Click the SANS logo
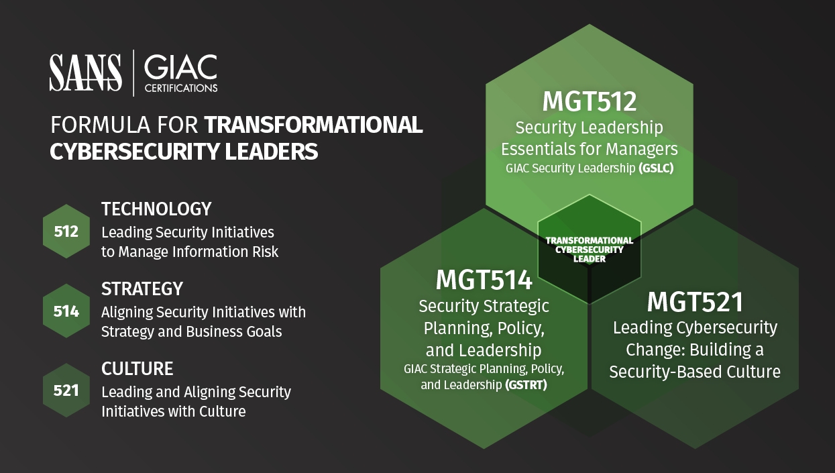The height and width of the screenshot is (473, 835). (x=85, y=72)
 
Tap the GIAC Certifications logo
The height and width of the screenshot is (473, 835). (x=181, y=73)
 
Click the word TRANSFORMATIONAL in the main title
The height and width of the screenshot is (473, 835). (x=313, y=125)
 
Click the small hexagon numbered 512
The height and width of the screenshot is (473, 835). (x=66, y=231)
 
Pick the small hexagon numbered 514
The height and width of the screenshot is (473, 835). (x=66, y=311)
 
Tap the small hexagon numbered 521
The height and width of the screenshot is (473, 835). (x=66, y=390)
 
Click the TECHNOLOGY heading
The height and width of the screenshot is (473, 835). (x=156, y=209)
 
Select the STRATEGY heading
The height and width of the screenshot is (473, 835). (x=142, y=288)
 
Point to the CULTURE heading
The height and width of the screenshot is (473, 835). (x=137, y=368)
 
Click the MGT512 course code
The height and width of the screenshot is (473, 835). (x=590, y=101)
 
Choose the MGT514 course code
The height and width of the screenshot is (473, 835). (x=484, y=280)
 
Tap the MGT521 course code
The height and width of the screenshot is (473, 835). (x=695, y=302)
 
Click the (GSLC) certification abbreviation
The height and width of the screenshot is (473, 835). (x=656, y=168)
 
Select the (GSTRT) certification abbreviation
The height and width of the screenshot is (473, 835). (x=526, y=384)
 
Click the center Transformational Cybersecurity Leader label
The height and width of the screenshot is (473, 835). (x=590, y=250)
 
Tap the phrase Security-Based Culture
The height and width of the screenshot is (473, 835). (x=695, y=372)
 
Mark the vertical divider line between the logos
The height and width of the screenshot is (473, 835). (x=133, y=73)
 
